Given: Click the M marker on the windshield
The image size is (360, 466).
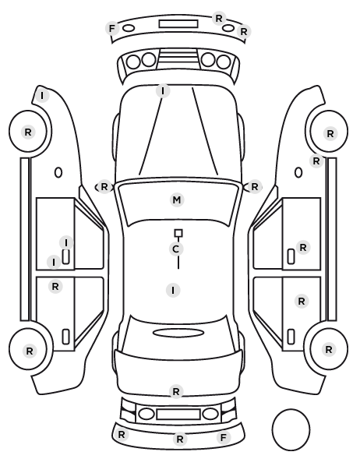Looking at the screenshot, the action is coord(177,199).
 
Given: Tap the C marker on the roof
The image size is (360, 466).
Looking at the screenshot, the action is coord(175,249).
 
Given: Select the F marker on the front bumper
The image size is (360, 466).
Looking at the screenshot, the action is coord(112,29).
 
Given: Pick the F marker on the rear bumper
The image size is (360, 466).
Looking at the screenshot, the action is coord(224,437).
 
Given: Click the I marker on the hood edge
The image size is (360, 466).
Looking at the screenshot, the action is coord(163,90).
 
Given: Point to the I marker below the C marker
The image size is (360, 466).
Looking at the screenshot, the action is coord(173,290).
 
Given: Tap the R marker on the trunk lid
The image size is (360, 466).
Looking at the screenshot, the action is coord(176,392).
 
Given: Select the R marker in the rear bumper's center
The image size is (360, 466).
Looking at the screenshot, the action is coord(179,439).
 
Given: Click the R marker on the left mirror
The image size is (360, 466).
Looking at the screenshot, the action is coord(104,187).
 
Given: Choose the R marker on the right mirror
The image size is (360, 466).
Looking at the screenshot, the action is coord(255,187).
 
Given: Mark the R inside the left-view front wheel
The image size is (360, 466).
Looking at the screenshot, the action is coord(28,132).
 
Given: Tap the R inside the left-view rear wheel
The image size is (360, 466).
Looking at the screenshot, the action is coord(30,351).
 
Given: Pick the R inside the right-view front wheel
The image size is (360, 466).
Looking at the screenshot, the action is coord(330,134).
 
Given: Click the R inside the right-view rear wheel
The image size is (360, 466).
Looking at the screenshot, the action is coord(329,349).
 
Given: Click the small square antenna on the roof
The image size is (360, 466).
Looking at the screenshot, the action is coord(178,233).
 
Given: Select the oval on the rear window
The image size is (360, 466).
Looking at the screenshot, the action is coord(178,333).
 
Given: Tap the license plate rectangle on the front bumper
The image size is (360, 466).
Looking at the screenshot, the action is coord(178,24).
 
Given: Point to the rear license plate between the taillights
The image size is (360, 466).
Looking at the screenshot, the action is coord(178,415).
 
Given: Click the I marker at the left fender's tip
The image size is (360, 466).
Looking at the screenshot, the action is coord(42,96).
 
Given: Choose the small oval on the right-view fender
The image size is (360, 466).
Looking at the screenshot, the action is coord(298,172).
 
